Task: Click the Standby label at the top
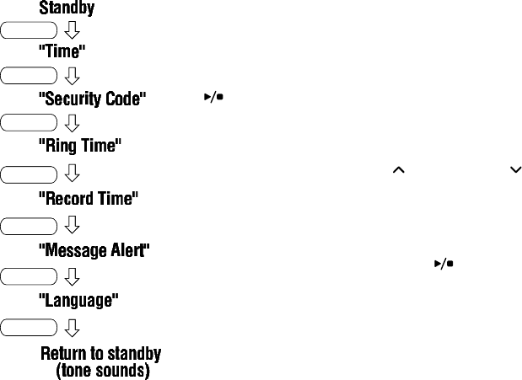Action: point(67,9)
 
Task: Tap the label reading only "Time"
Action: point(62,51)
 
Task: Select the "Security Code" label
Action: point(93,99)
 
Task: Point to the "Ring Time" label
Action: point(80,146)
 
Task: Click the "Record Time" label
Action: point(89,200)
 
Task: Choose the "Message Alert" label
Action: point(94,251)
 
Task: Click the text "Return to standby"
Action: point(100,353)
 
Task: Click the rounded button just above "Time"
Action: point(29,32)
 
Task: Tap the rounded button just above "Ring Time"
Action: point(29,123)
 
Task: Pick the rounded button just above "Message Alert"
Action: point(29,226)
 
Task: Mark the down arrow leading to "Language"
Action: point(72,276)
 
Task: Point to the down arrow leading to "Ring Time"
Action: point(72,123)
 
